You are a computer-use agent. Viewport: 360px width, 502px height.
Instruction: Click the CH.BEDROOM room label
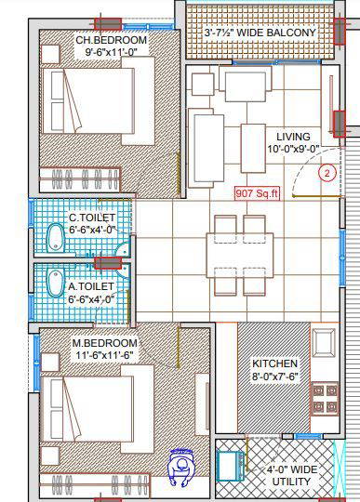pos(111,40)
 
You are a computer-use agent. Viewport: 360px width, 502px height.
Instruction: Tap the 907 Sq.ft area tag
pos(257,193)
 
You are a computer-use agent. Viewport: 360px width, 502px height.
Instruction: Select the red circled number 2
pos(327,173)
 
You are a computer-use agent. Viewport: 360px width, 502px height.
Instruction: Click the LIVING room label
pos(293,137)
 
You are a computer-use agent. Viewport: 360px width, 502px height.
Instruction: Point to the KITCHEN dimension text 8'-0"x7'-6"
pos(275,376)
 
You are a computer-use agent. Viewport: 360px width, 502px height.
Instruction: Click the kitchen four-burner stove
pos(325,399)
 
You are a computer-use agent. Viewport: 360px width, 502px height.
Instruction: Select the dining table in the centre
pos(240,255)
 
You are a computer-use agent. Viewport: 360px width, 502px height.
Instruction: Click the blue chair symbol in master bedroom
pos(181,466)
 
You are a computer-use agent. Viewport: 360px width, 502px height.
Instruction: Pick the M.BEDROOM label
pos(105,343)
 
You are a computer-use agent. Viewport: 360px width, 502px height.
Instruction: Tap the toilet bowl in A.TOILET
pos(55,283)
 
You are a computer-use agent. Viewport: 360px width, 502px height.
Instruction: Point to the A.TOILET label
pos(90,286)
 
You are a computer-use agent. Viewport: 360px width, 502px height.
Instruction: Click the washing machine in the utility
pos(230,466)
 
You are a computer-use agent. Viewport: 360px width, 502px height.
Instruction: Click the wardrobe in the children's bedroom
pos(79,179)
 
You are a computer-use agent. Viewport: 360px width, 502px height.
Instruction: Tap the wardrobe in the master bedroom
pos(95,485)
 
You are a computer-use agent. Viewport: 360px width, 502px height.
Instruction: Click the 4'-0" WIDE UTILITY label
pos(291,475)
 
